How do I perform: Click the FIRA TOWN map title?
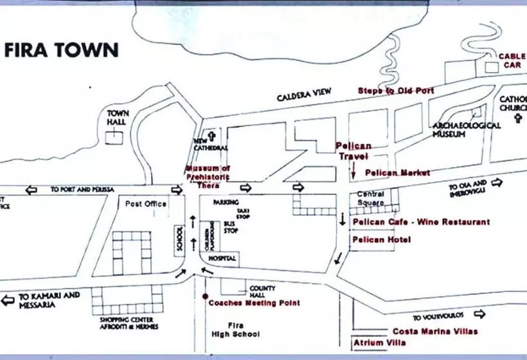[62, 50]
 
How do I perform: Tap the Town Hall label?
[118, 118]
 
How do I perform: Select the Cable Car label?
[512, 60]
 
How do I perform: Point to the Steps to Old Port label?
[396, 91]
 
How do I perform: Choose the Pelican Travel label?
[352, 151]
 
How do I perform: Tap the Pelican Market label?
[397, 172]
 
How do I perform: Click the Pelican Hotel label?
[382, 240]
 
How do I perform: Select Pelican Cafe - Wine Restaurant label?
[421, 222]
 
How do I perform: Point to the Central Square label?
[371, 198]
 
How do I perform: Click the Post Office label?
[147, 204]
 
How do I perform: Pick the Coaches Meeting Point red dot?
[204, 297]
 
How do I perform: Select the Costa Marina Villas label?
[435, 332]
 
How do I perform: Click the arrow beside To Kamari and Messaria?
[8, 300]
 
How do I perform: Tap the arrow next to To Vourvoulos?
[478, 314]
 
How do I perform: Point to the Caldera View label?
[304, 95]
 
